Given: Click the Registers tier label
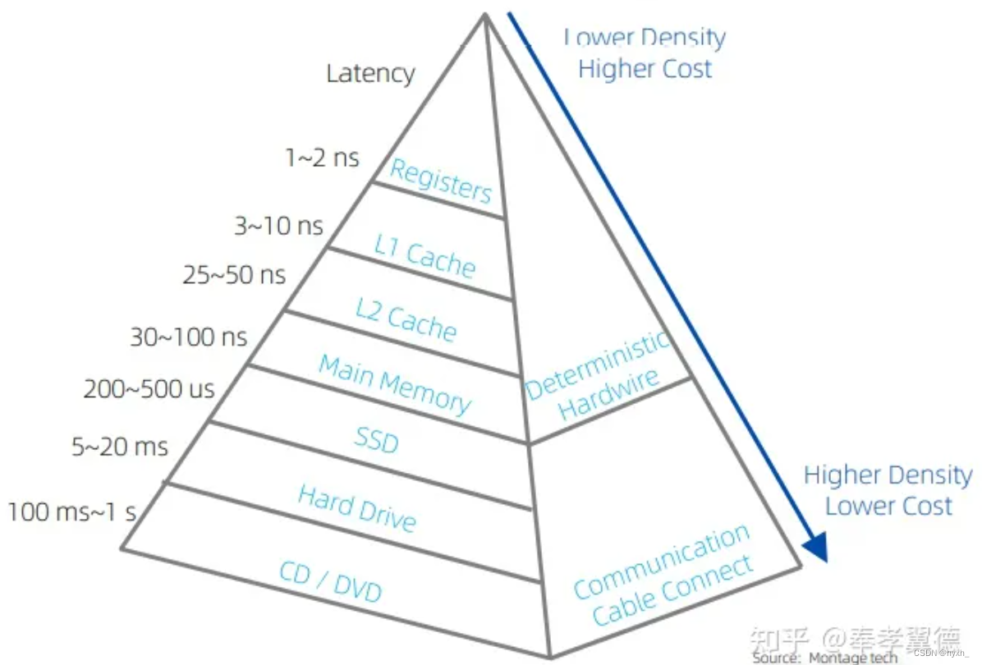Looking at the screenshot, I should [x=440, y=181].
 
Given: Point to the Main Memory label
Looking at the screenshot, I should [x=395, y=384].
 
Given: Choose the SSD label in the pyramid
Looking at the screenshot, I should [x=376, y=440].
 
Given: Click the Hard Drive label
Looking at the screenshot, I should [x=357, y=507].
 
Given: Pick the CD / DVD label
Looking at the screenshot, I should [x=331, y=581].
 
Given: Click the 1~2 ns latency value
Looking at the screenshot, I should [x=322, y=157].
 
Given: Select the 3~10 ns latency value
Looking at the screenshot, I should [x=278, y=225].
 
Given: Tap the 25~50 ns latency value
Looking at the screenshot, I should [x=234, y=274].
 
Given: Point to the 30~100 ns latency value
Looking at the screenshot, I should [x=188, y=336].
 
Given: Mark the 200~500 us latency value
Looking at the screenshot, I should [x=149, y=388].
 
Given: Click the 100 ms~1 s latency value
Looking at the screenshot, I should [x=72, y=512].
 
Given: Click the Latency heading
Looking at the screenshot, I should [x=370, y=73].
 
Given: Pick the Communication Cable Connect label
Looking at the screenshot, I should [x=663, y=575].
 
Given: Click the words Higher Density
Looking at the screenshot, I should [x=887, y=475].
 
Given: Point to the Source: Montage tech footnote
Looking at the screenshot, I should [x=824, y=658].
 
